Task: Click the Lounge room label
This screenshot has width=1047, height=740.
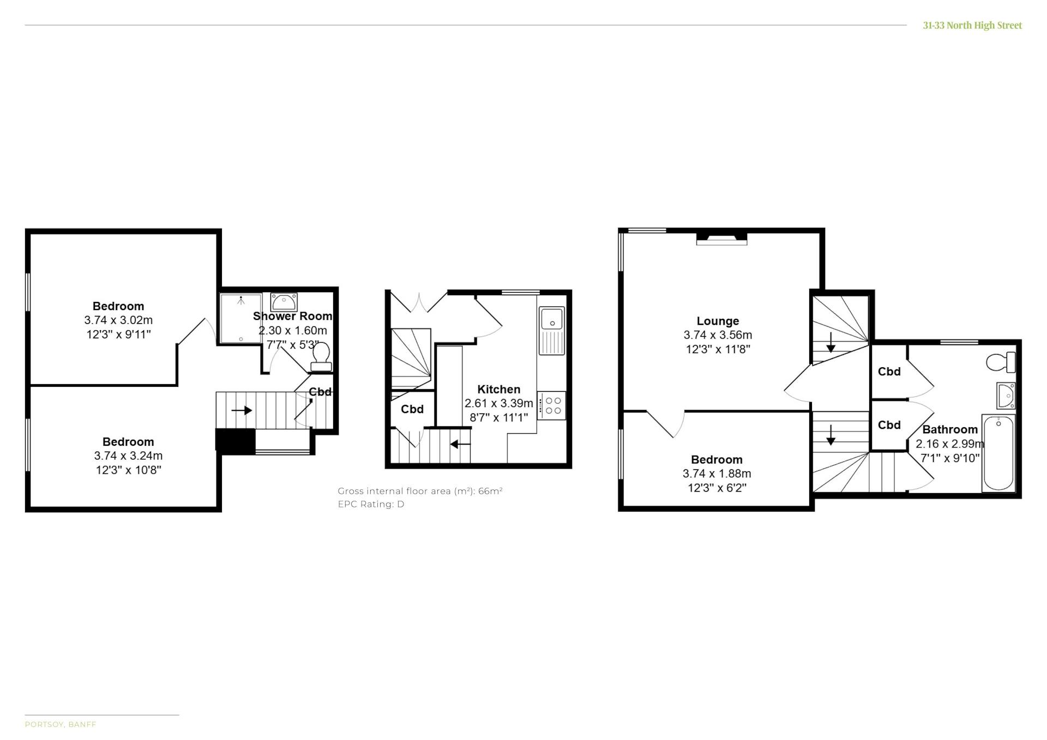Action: (718, 321)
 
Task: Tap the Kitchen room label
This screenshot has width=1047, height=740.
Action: (498, 389)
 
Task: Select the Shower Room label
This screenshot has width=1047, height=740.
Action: (292, 316)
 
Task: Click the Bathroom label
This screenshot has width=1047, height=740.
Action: (950, 429)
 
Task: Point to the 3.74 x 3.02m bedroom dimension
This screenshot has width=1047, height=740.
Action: (118, 320)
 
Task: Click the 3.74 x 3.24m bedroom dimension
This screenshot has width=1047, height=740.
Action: (128, 456)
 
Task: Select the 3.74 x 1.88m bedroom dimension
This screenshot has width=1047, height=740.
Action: (717, 474)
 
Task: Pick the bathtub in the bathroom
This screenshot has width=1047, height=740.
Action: (998, 453)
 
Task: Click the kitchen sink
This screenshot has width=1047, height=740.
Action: (552, 330)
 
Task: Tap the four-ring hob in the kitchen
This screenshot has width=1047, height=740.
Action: (552, 405)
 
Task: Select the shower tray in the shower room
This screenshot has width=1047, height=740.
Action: (240, 318)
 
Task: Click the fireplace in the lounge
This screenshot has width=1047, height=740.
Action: (721, 239)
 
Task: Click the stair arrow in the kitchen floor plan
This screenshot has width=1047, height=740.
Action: (460, 444)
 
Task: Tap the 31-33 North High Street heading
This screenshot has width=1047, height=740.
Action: (972, 25)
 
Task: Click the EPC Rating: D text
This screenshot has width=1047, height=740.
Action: (371, 504)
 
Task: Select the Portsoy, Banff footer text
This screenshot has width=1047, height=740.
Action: (60, 724)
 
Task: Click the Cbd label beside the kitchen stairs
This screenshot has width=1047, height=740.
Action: (412, 409)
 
